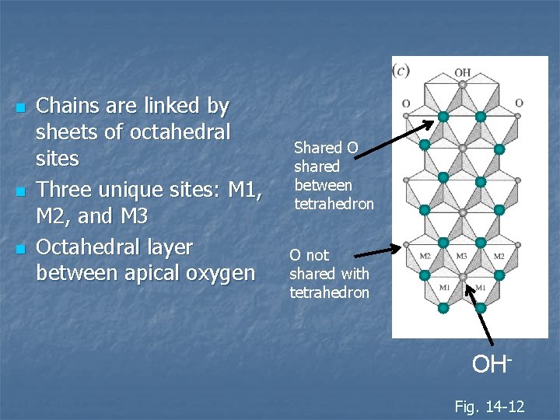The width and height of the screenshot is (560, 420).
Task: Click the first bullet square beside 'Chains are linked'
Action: [20, 107]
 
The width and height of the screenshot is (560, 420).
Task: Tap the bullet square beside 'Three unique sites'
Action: [20, 189]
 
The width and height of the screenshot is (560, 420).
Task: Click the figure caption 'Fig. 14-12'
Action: [489, 405]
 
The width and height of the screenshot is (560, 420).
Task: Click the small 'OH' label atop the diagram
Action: [463, 72]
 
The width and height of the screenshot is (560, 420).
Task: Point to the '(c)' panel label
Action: [401, 70]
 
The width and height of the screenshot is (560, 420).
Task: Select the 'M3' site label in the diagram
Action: [462, 256]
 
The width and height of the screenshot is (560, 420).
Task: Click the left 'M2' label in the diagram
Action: [425, 256]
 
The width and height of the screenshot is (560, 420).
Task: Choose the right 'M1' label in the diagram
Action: [481, 288]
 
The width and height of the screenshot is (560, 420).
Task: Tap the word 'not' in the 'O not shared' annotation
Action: [317, 255]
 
